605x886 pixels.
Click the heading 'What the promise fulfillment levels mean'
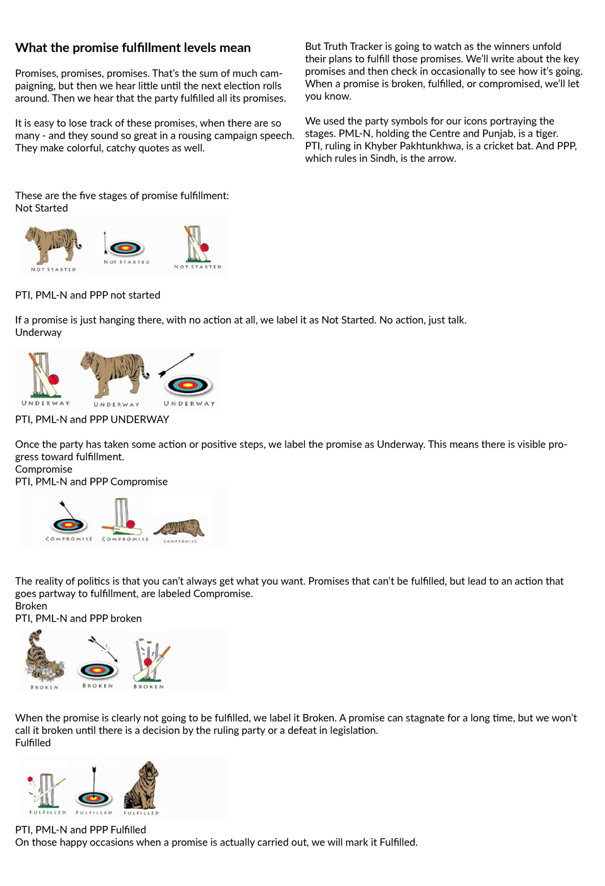pyautogui.click(x=133, y=48)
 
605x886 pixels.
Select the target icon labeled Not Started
pyautogui.click(x=126, y=248)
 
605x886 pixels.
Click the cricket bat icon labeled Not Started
pyautogui.click(x=197, y=244)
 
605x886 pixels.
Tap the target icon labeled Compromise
pyautogui.click(x=69, y=523)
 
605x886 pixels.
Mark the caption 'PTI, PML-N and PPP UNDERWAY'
pyautogui.click(x=92, y=420)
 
